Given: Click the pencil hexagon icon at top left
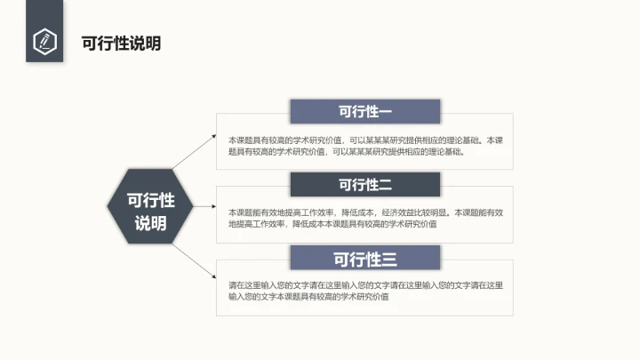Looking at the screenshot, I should [x=44, y=41].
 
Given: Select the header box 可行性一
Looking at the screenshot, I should [x=365, y=112].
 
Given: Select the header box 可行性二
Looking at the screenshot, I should [x=365, y=185].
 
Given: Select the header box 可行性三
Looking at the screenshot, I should [x=365, y=259].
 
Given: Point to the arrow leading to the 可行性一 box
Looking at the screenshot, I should [x=195, y=152].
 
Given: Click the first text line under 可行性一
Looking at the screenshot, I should [x=365, y=140].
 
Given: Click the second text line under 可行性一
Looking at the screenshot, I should [x=346, y=152].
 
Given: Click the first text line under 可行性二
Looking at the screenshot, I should [x=365, y=213].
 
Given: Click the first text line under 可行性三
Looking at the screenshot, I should [x=365, y=285].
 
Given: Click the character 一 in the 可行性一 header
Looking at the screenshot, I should [x=385, y=112].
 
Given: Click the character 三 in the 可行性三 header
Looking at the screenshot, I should [x=388, y=259].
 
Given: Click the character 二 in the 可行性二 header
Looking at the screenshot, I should [x=385, y=185].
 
